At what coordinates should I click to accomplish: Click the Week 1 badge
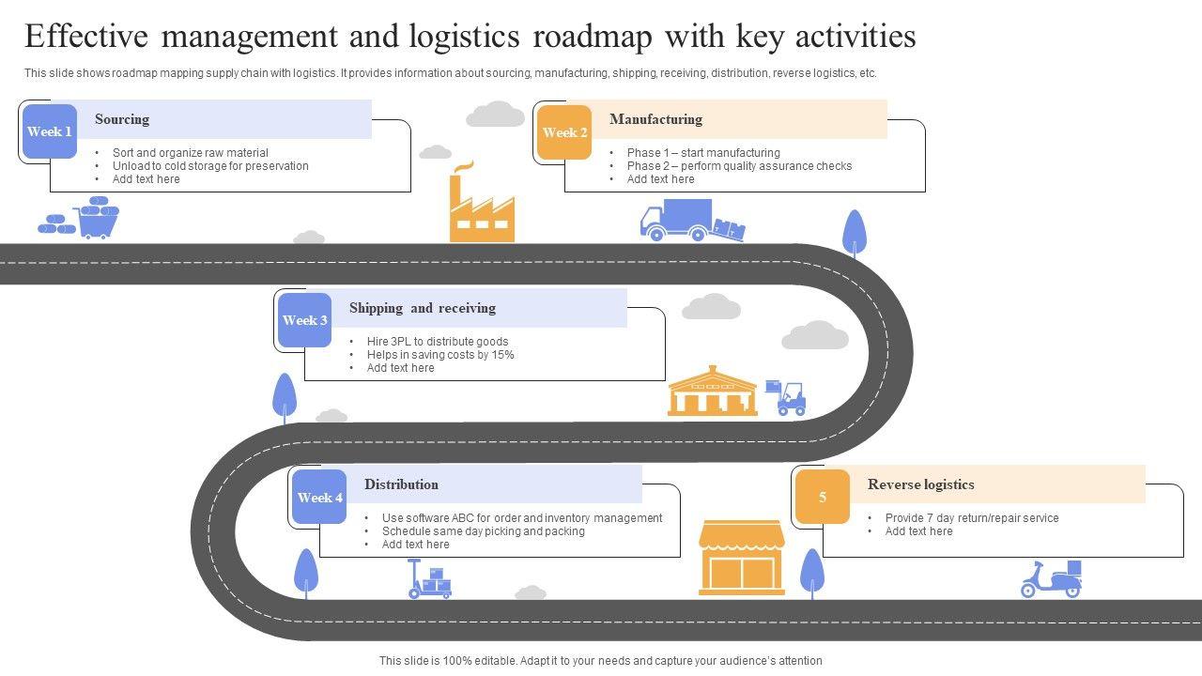tap(50, 131)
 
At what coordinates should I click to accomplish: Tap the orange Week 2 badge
tap(564, 132)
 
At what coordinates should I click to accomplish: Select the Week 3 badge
tap(305, 320)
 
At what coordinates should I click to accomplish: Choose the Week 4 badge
tap(320, 498)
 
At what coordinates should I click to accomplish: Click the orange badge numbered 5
tap(823, 498)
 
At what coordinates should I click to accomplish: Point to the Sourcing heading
tap(122, 119)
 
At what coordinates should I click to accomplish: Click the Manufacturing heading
tap(655, 119)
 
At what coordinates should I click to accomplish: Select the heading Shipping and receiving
tap(423, 308)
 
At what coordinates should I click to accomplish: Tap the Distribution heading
tap(401, 484)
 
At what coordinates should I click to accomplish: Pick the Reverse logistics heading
tap(920, 484)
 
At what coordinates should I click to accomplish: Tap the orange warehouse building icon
tap(713, 392)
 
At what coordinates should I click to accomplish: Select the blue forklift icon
tap(787, 398)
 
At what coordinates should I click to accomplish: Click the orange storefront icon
tap(742, 559)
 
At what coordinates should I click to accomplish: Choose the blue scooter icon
tap(1052, 579)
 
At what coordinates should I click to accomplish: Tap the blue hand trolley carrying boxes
tap(428, 579)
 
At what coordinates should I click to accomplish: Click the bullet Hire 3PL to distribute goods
tap(438, 342)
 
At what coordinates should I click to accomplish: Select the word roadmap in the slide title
tap(590, 37)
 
